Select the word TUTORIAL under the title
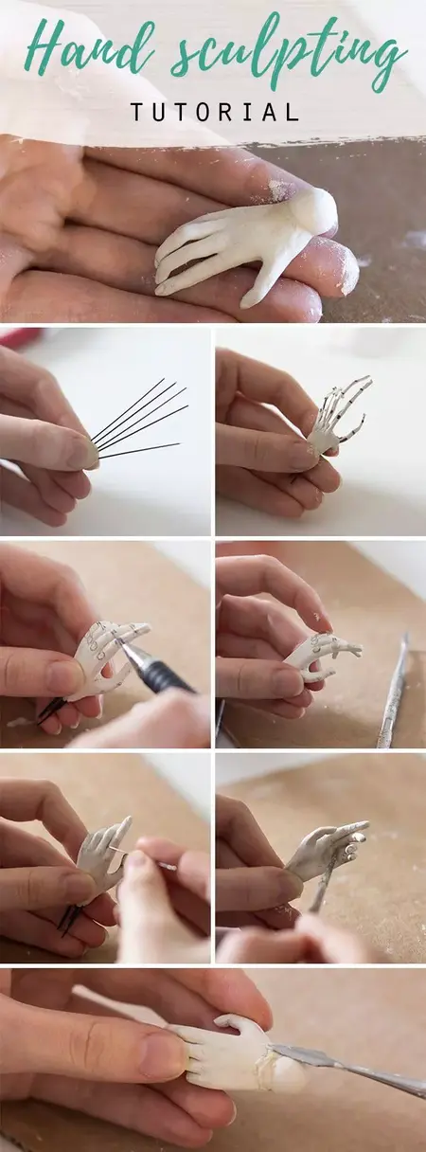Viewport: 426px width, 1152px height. point(214,112)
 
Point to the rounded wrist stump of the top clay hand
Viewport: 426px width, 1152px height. point(312,210)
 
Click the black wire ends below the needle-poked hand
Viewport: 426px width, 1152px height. point(67,916)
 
